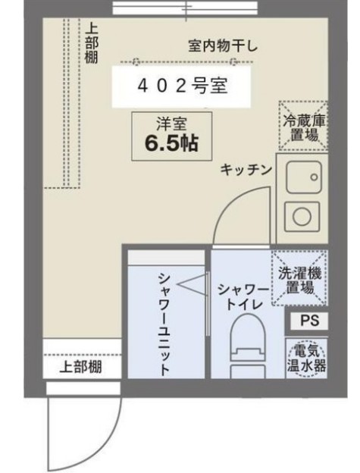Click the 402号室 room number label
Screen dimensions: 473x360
(x=183, y=86)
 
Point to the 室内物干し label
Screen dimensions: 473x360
(x=223, y=47)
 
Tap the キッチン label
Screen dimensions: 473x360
(x=246, y=170)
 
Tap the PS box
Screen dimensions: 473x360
(x=308, y=321)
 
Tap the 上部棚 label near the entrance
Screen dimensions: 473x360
(x=80, y=368)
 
